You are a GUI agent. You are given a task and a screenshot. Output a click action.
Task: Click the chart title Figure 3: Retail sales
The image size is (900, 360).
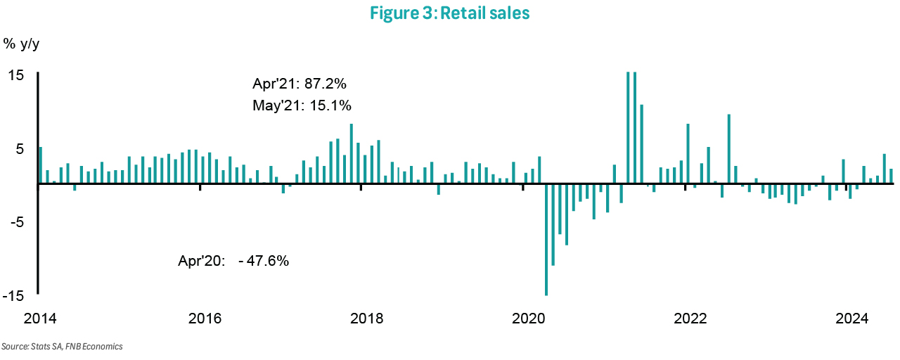point(449,14)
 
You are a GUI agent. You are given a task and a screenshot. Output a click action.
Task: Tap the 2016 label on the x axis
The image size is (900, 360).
point(205,319)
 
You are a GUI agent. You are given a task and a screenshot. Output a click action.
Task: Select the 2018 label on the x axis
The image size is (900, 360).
point(366,319)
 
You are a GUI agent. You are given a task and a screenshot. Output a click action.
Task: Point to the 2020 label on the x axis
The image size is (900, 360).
point(528,319)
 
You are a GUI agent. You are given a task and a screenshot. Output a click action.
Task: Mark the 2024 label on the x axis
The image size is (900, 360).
point(851,319)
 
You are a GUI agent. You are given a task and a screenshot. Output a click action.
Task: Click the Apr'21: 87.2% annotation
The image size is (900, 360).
point(300,84)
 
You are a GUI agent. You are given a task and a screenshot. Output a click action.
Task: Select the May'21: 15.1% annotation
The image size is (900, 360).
point(302,106)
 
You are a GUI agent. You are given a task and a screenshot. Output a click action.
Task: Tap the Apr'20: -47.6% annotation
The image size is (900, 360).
point(233,260)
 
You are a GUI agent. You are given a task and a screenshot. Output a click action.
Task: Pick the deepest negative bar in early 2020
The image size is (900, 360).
point(546,239)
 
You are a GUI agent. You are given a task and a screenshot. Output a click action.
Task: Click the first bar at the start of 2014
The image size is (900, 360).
point(41,165)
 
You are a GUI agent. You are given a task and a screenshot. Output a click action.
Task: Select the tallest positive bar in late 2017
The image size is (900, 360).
point(351,153)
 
